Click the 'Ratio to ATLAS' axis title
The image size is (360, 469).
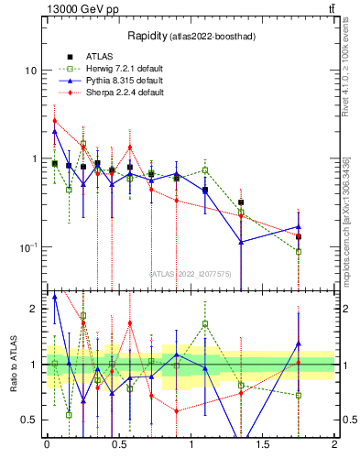click(x=12, y=364)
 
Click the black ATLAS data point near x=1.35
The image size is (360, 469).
click(x=241, y=202)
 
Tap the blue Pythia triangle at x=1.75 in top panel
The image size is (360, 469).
click(x=299, y=226)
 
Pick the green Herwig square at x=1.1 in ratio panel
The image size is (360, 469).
click(x=205, y=323)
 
